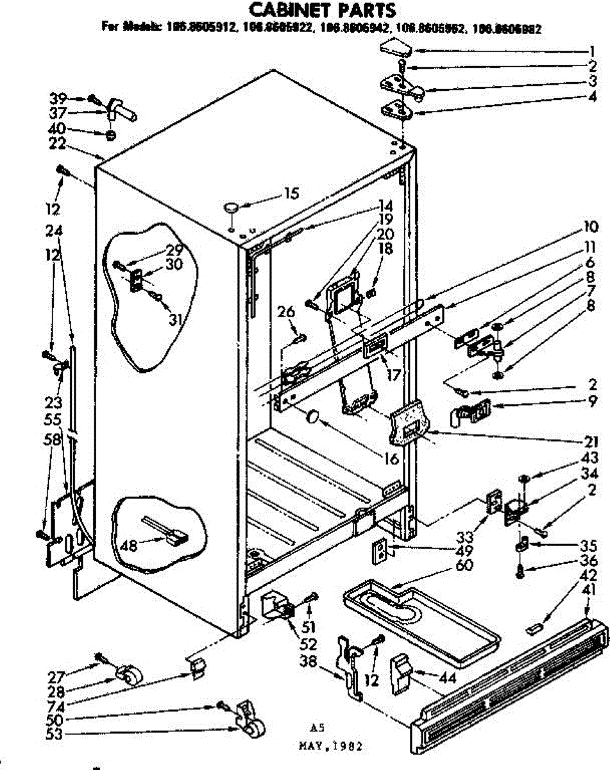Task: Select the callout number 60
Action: click(x=464, y=565)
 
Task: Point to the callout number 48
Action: click(x=130, y=546)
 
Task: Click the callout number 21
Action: click(x=591, y=441)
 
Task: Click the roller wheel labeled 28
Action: click(x=131, y=676)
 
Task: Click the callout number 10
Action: click(x=591, y=227)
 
